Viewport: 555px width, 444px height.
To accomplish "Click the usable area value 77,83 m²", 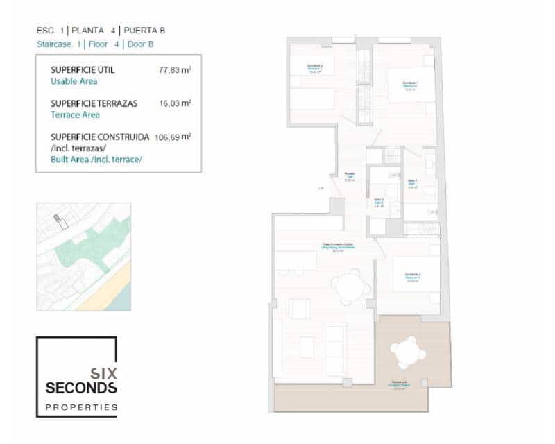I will click(175, 69).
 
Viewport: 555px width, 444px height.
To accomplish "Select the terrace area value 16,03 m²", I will click(175, 103).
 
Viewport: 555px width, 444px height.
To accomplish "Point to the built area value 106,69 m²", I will click(173, 137).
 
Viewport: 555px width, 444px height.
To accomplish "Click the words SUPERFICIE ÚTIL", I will click(83, 70).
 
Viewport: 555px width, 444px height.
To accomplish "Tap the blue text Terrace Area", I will click(75, 115).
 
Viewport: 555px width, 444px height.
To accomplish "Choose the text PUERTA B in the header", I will click(144, 31).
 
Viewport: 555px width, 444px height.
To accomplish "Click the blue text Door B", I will click(141, 44).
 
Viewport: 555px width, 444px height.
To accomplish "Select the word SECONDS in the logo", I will click(80, 387).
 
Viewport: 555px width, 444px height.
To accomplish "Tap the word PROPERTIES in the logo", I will click(80, 407).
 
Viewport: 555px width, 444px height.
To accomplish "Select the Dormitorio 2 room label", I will click(315, 68).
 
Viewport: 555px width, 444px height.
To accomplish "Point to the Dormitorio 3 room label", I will click(412, 277).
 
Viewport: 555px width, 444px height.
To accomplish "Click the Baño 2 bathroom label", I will click(379, 203).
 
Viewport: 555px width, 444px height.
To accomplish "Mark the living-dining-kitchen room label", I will click(338, 246).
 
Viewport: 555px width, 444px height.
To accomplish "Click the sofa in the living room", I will click(336, 348).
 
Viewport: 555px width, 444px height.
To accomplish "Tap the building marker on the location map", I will click(62, 223).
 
